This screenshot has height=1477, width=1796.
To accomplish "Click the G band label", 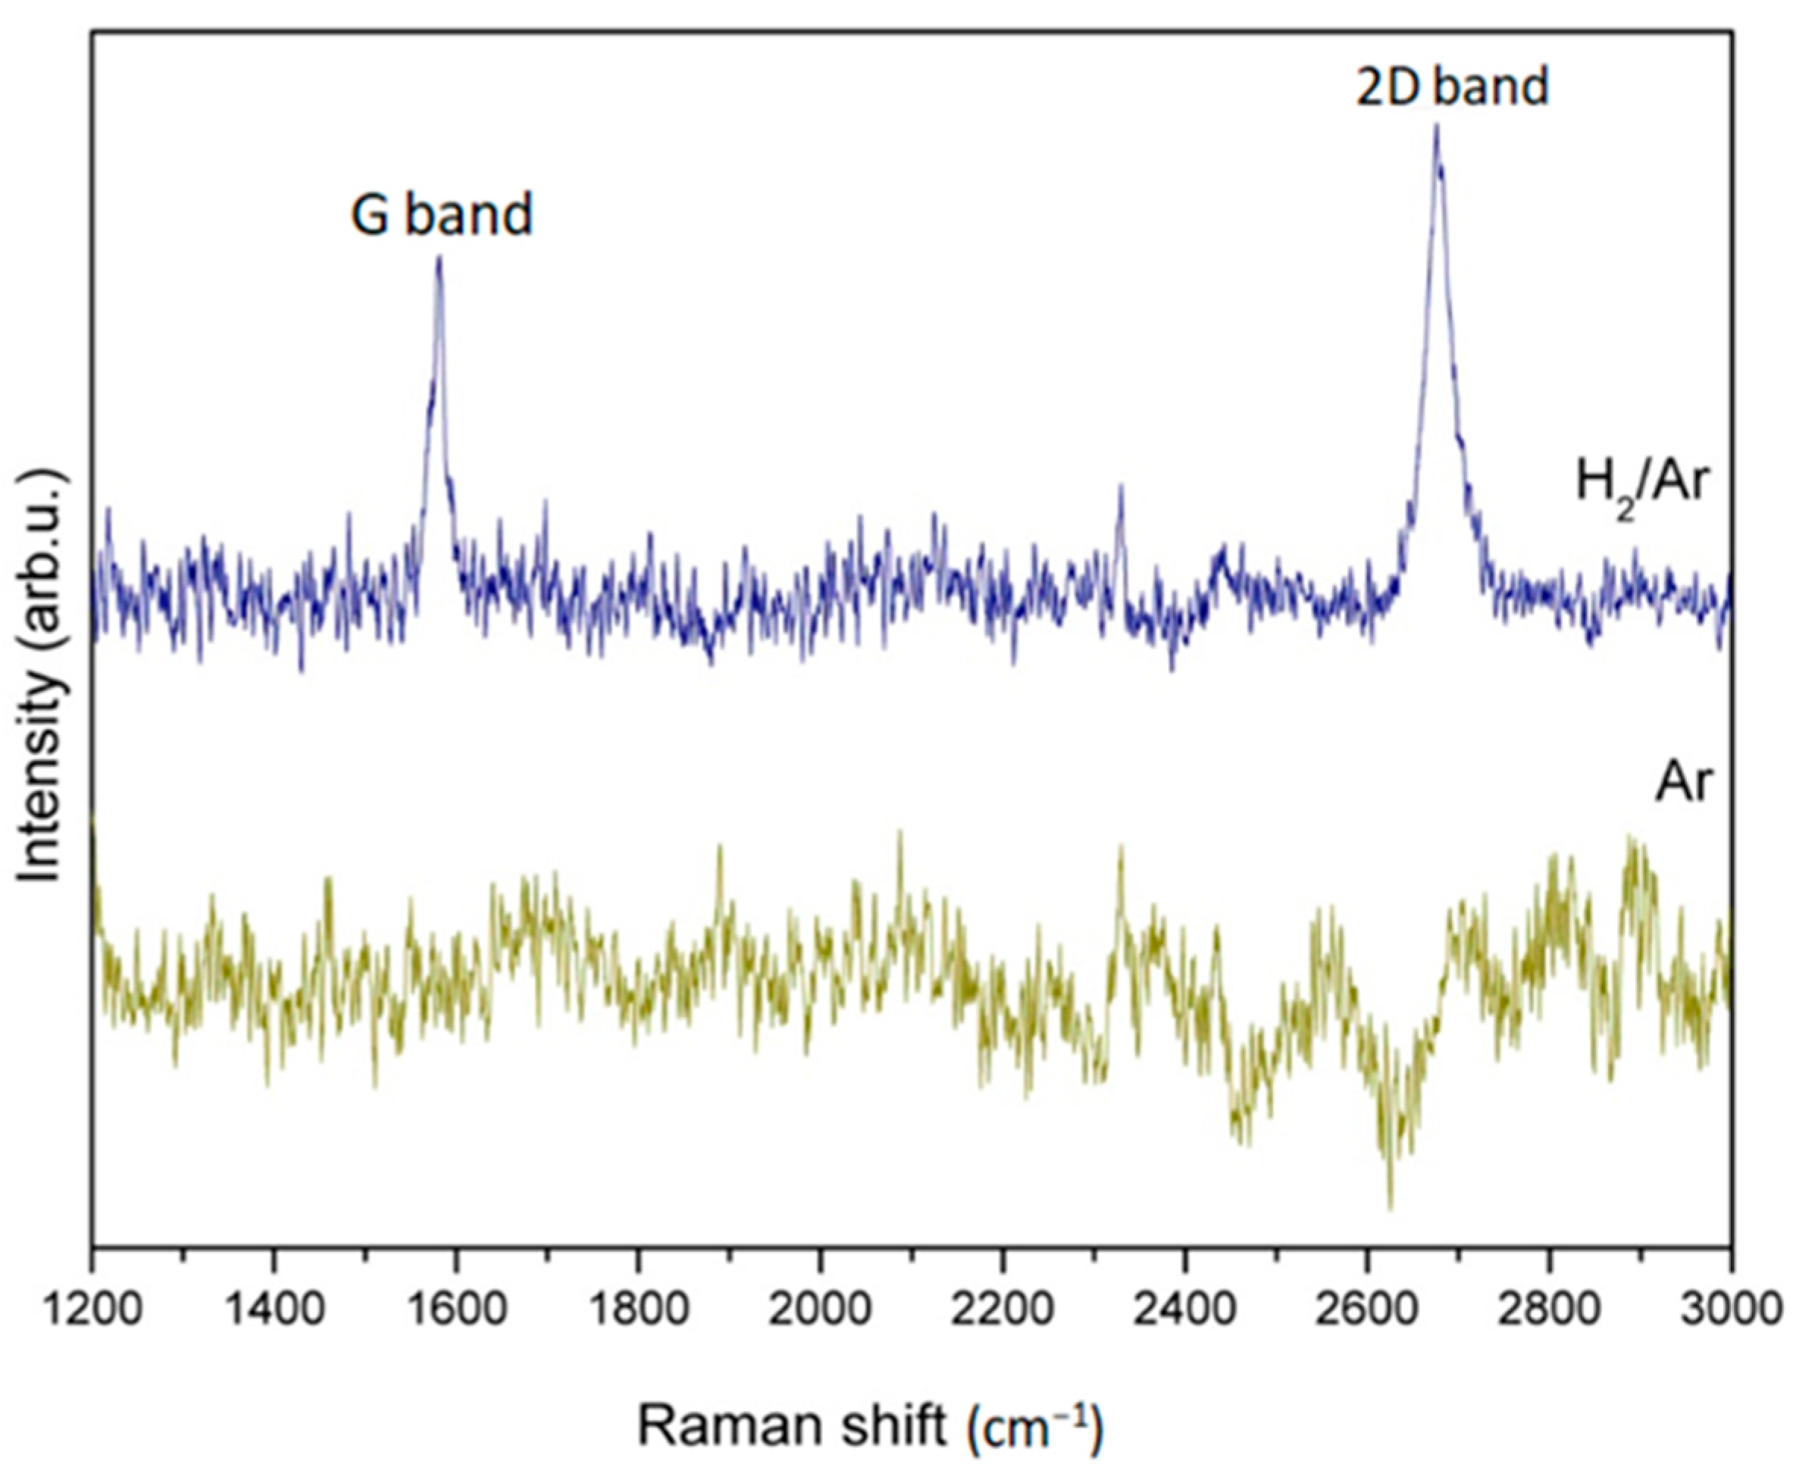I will click(442, 214).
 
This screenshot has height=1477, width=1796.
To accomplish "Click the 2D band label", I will click(1451, 87).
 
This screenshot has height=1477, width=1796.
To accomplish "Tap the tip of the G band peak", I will click(439, 257).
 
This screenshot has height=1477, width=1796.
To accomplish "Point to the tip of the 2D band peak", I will click(1436, 126).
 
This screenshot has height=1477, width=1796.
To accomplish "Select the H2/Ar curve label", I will click(1642, 485).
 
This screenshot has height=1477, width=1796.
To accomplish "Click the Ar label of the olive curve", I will click(1682, 783).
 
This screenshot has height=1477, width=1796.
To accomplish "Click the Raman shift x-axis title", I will click(869, 1427).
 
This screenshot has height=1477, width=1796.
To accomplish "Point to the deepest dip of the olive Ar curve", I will click(1390, 1206).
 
